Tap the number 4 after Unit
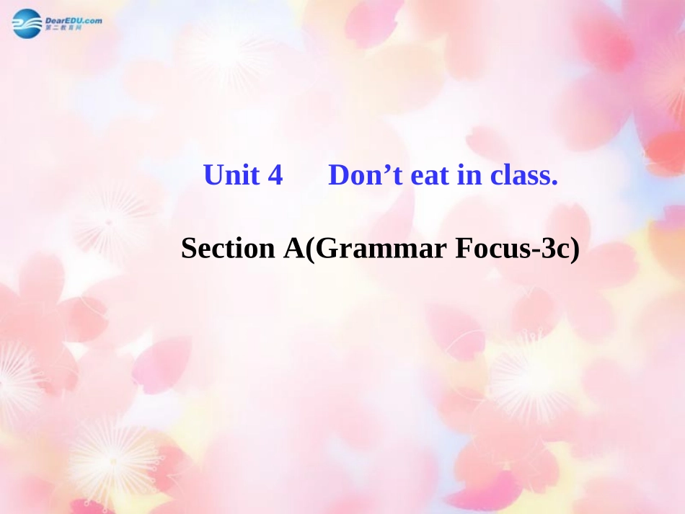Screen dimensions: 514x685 [275, 175]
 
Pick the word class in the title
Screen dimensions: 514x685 [517, 175]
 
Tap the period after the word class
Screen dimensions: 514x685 [554, 182]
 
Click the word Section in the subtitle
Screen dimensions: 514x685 [225, 249]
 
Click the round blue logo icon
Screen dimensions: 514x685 [27, 24]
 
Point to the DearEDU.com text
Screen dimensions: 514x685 [73, 19]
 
